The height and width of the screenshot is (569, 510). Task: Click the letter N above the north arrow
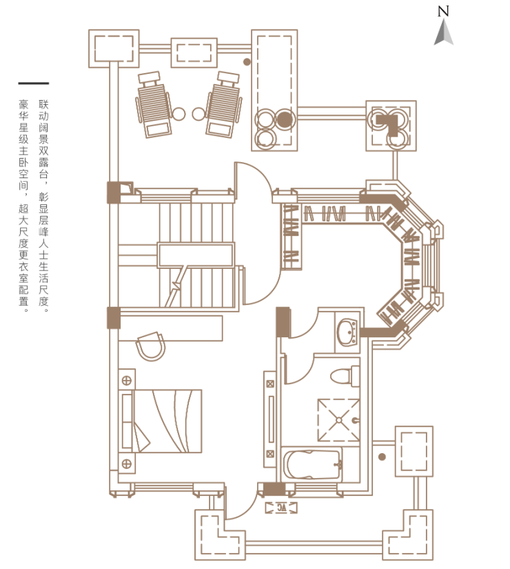tap(443, 11)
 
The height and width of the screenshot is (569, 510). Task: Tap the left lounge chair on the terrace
tap(154, 105)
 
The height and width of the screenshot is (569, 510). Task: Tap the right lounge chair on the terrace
tap(223, 105)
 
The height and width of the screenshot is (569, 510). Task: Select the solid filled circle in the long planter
tap(285, 119)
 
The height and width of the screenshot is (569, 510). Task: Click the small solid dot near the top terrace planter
tap(247, 62)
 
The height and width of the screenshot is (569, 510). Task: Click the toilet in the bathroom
tap(345, 376)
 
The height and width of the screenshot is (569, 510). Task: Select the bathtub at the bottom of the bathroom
tap(312, 465)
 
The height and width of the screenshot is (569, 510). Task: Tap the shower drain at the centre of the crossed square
tap(339, 420)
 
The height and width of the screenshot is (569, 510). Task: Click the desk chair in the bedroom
tap(150, 346)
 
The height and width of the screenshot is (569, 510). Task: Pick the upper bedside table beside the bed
tap(127, 379)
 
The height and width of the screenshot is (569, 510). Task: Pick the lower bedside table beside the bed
tap(127, 463)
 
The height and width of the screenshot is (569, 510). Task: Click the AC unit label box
tap(281, 508)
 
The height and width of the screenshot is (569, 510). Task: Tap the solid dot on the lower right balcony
tap(382, 457)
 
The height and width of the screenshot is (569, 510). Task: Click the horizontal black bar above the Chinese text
tap(33, 83)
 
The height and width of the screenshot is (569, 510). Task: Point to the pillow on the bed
tap(127, 421)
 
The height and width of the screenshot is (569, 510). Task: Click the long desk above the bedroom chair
tap(170, 328)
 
